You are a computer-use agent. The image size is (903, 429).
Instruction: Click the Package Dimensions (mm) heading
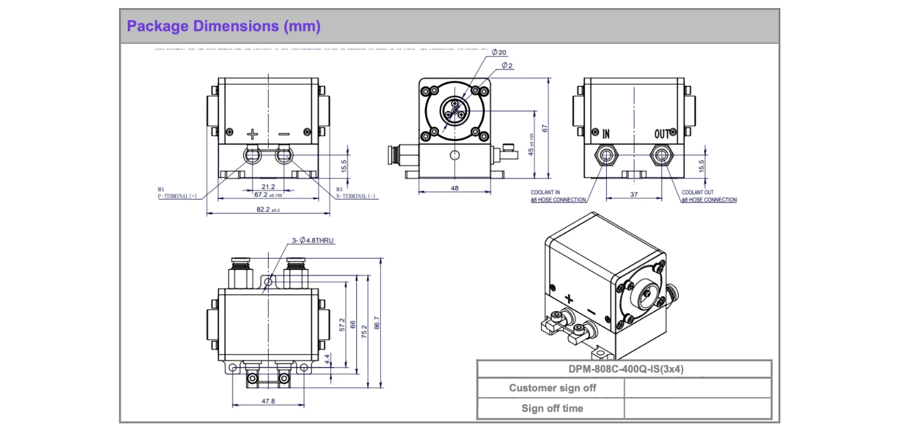tap(224, 26)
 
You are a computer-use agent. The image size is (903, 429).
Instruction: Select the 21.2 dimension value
tap(268, 187)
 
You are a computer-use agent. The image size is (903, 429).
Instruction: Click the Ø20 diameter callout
tap(499, 52)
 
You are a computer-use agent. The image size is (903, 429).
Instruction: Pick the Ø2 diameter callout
tap(507, 65)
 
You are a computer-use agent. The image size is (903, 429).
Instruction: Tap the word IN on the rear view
tap(606, 134)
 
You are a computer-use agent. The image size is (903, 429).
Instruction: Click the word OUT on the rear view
tap(662, 134)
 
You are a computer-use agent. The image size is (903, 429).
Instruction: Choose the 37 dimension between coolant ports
tap(634, 195)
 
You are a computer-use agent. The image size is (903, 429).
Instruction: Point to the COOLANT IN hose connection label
tap(559, 197)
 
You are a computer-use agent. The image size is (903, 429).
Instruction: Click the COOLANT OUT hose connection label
tap(709, 197)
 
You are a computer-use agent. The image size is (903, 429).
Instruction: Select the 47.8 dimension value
tap(268, 401)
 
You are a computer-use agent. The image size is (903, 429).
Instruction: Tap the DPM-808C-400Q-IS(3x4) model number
tap(624, 369)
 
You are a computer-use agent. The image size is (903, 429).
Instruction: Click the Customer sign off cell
tap(552, 388)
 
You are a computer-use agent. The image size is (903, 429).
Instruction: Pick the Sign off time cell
tap(552, 408)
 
